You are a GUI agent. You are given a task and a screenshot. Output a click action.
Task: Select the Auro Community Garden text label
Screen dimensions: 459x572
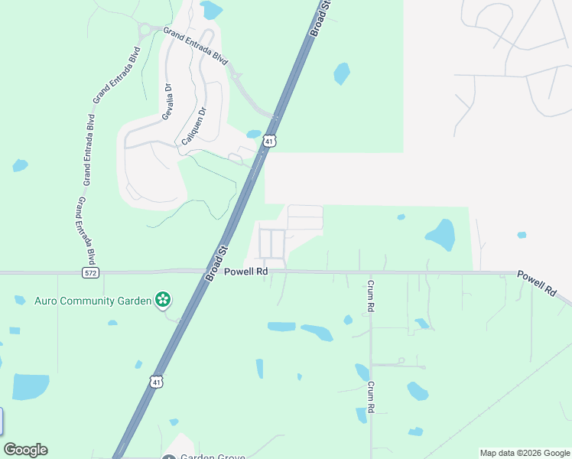coord(93,301)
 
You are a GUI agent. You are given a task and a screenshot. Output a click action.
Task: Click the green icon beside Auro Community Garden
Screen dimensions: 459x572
coord(162,300)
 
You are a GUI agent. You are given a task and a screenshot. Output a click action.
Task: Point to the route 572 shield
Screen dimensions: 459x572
coord(90,272)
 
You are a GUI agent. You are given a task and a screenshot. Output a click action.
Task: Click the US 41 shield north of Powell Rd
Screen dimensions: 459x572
coord(268,141)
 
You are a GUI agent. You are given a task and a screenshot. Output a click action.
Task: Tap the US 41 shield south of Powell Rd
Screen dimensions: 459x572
coord(156,381)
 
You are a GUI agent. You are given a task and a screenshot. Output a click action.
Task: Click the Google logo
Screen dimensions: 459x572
coord(25,450)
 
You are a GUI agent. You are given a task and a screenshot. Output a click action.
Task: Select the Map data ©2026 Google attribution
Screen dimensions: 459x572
coord(525,453)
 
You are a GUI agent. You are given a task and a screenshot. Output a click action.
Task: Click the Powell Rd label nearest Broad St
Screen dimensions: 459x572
coord(245,272)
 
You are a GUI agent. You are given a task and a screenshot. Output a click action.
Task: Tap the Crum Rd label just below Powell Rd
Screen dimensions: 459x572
coord(370,295)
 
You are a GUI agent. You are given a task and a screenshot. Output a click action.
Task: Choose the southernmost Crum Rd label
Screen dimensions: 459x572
coord(370,398)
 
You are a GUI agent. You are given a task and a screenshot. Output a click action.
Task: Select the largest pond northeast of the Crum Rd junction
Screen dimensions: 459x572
coord(440,234)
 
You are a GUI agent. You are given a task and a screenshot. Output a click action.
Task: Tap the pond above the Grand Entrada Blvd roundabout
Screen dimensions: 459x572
coord(211,10)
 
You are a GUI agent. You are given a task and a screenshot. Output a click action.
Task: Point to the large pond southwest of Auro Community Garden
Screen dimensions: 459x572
coord(31,387)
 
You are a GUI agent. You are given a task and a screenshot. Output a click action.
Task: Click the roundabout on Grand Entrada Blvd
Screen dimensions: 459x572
coord(145,30)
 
